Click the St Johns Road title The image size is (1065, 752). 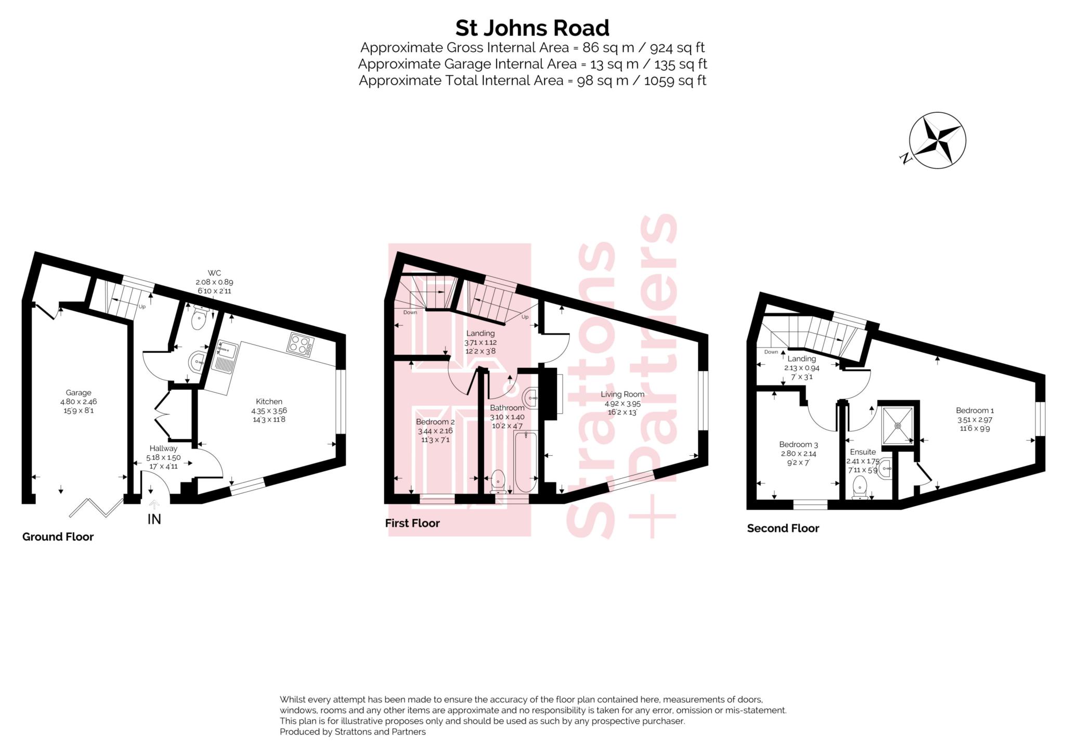click(532, 28)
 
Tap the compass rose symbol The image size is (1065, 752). click(937, 140)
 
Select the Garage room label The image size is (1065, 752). click(79, 393)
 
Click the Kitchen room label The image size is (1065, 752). click(269, 401)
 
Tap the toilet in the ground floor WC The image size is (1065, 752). click(199, 318)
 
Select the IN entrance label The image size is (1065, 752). click(154, 519)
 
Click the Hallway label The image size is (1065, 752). click(163, 448)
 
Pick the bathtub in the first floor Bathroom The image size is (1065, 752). click(525, 461)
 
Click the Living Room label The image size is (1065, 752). click(622, 394)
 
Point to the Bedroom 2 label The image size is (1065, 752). click(435, 422)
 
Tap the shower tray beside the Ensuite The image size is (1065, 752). click(898, 425)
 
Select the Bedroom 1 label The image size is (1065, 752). click(975, 411)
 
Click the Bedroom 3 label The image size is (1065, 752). click(798, 444)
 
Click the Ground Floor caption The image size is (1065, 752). click(58, 537)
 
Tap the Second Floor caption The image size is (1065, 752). click(783, 529)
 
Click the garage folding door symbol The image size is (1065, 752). click(96, 508)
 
